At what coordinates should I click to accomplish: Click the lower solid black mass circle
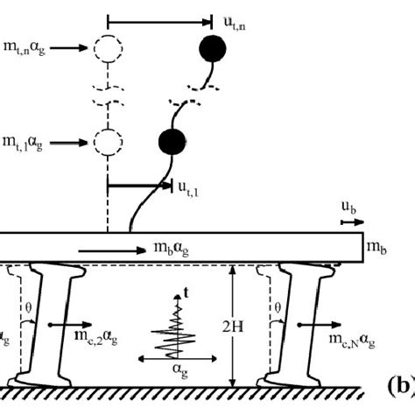click(x=171, y=140)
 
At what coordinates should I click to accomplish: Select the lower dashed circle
click(x=107, y=140)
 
